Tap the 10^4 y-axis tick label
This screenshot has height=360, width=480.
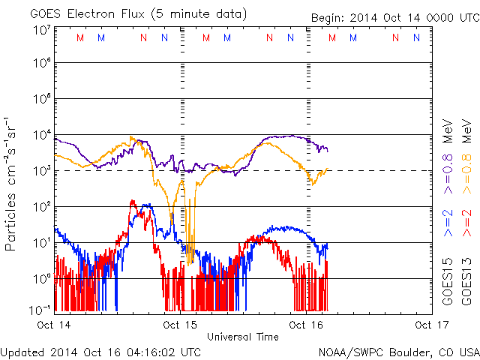click(x=40, y=135)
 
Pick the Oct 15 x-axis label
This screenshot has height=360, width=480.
click(x=180, y=325)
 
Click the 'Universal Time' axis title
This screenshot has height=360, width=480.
click(x=242, y=337)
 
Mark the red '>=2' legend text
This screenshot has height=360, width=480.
click(x=466, y=223)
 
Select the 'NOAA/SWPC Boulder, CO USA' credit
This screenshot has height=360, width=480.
click(x=398, y=351)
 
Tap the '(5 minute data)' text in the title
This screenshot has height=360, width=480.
click(x=198, y=13)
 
